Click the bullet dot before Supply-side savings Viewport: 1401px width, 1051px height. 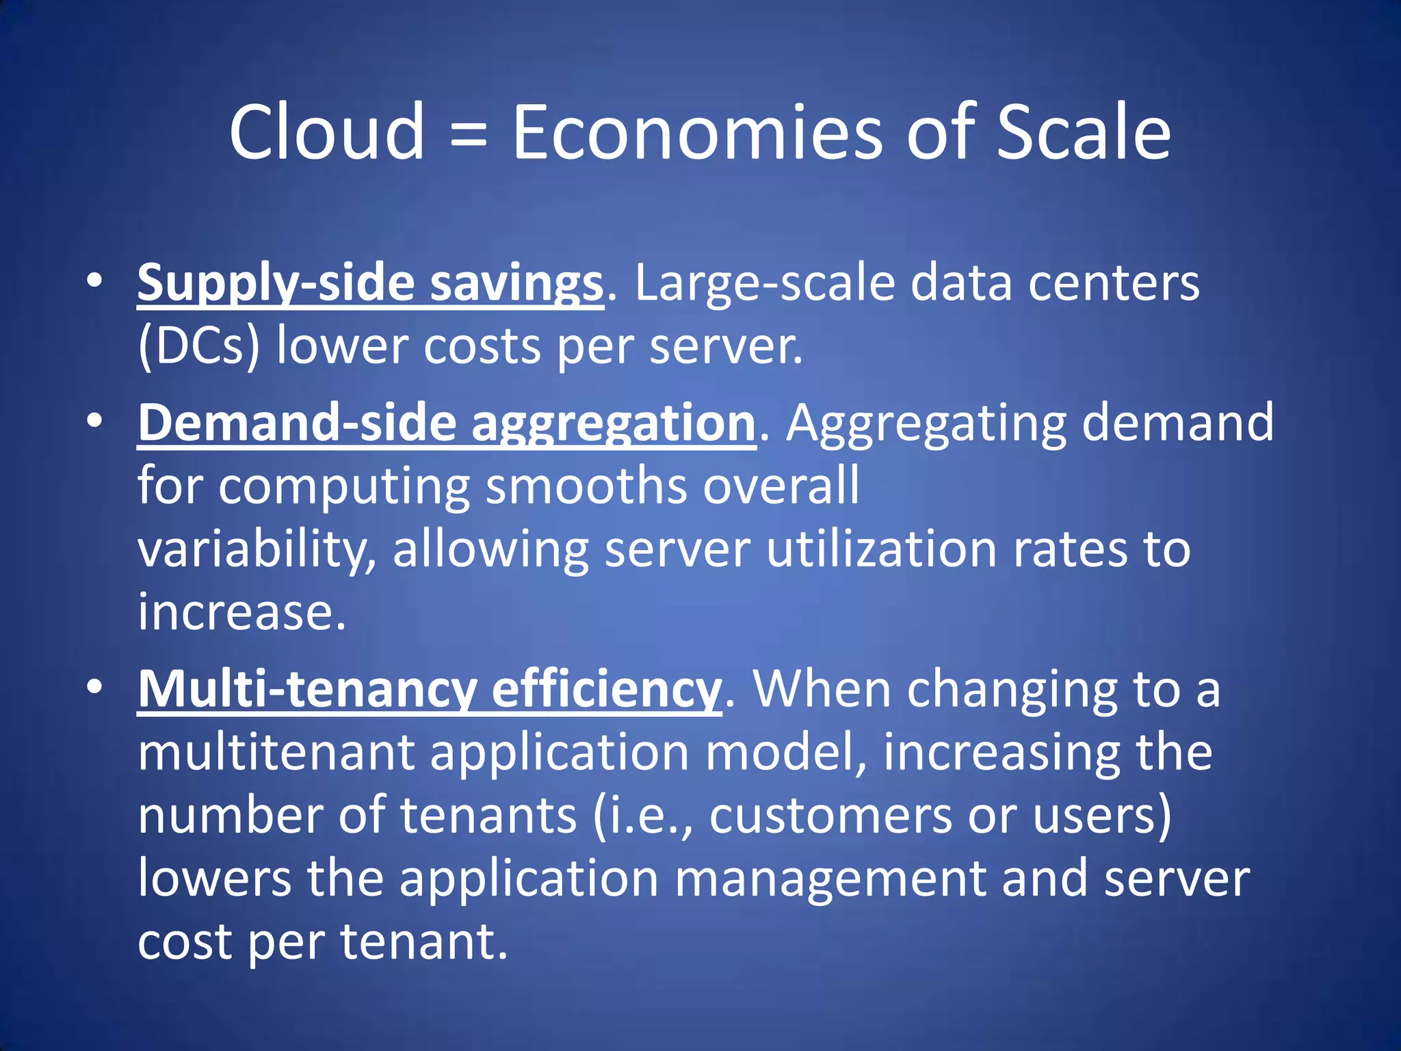[94, 281]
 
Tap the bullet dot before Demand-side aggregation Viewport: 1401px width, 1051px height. [94, 420]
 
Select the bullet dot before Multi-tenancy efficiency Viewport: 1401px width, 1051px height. [94, 686]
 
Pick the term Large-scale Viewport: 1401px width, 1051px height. [765, 283]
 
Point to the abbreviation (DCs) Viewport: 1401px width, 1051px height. [199, 346]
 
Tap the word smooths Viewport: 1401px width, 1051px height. [586, 486]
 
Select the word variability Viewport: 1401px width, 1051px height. [257, 550]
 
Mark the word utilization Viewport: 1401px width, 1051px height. [881, 549]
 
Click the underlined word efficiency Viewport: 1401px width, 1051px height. [606, 690]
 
